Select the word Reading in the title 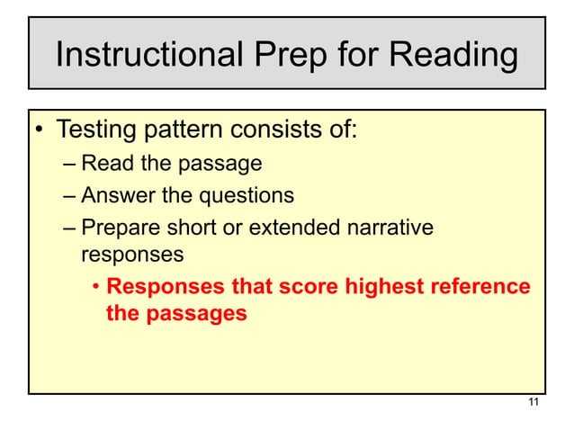point(457,56)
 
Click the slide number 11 point(534,402)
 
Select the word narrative point(390,225)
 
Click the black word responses point(132,255)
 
